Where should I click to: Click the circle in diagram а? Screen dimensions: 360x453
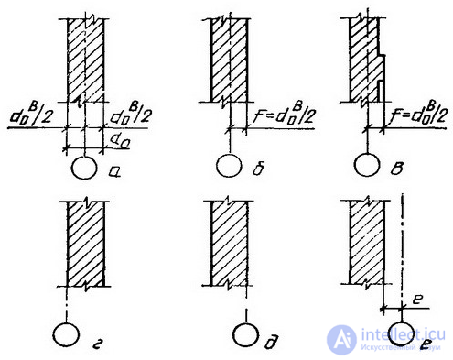click(x=83, y=169)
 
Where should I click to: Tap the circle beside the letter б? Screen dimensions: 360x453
click(x=229, y=167)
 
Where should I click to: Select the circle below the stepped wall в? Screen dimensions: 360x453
click(x=368, y=167)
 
